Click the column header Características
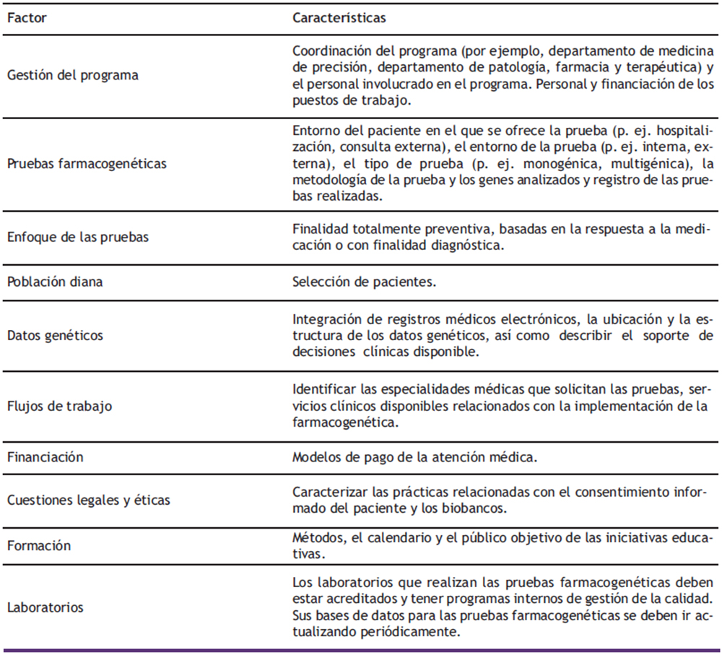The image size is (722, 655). coord(339,18)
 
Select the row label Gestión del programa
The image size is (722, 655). coord(72,75)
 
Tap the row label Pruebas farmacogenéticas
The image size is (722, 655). coord(87,163)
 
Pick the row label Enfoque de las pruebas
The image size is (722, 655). coord(77,237)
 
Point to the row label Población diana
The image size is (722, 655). coord(55,282)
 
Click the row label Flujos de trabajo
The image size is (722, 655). coord(59,406)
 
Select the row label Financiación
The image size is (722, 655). coord(45,457)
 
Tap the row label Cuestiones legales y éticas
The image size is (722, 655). coord(89,500)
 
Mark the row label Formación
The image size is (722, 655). coord(39,545)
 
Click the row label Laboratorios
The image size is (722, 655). coord(45,607)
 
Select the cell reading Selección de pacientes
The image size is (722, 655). coord(364,282)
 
